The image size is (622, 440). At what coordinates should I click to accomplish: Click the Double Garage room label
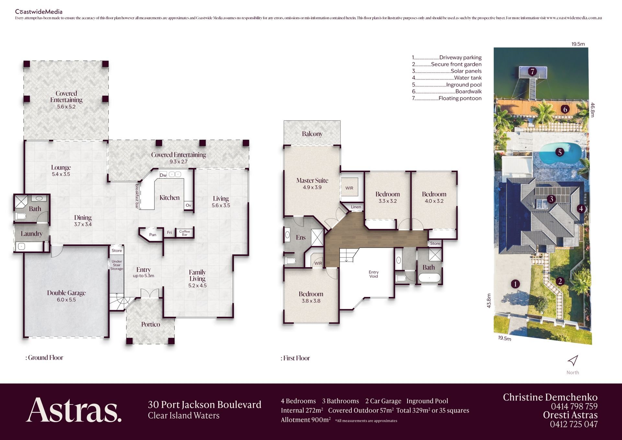66,293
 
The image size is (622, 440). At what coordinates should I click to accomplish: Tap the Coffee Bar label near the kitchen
185,233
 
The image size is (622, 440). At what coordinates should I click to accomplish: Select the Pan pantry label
153,235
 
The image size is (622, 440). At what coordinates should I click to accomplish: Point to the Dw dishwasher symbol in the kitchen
163,175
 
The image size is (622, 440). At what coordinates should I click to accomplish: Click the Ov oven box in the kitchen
189,205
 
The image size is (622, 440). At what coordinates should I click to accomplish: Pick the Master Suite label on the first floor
312,180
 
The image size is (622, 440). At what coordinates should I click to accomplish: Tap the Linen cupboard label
356,207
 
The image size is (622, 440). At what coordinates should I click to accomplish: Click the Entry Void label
374,274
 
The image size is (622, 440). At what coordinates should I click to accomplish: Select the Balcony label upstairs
312,134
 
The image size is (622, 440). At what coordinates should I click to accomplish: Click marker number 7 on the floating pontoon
532,71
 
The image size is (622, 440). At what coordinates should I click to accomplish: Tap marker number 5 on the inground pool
559,152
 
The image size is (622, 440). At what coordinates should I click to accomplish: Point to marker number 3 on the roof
551,199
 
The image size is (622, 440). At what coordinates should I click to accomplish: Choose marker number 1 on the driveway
515,284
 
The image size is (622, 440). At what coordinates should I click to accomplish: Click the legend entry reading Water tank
447,78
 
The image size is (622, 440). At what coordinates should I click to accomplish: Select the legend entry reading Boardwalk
447,91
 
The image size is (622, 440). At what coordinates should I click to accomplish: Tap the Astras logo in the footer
74,410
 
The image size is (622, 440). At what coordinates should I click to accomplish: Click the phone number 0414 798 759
574,406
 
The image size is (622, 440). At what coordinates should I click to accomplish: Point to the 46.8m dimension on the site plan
593,110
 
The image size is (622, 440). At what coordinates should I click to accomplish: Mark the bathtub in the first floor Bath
430,278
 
